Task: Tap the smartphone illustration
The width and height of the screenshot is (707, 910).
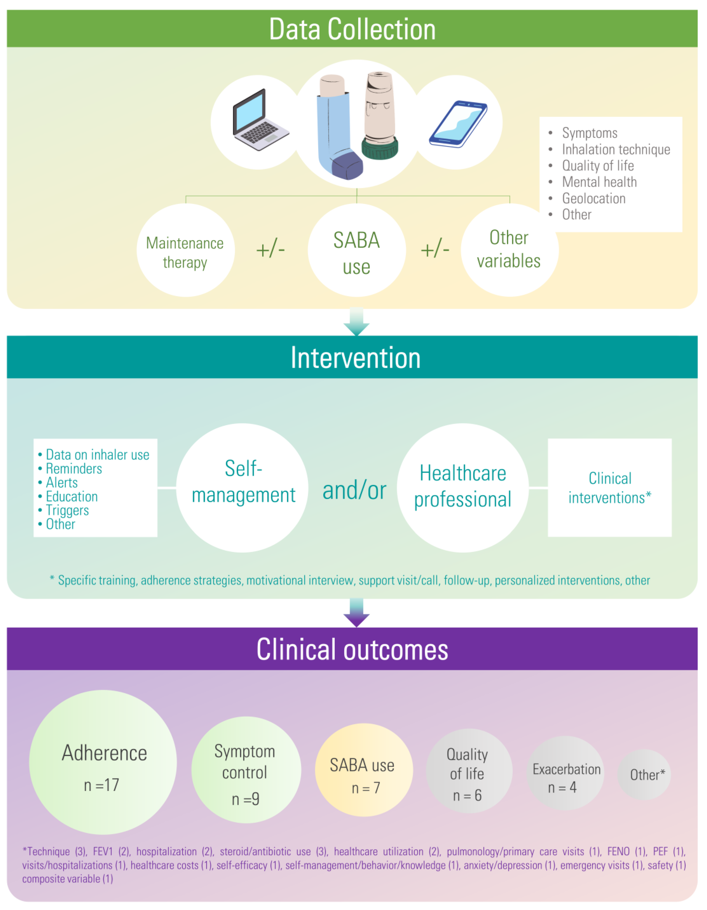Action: pyautogui.click(x=458, y=124)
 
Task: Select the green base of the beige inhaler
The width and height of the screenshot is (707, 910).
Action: pyautogui.click(x=380, y=149)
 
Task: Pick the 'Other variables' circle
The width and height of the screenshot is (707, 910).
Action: pyautogui.click(x=509, y=250)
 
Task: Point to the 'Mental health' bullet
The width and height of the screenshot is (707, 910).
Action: pyautogui.click(x=599, y=182)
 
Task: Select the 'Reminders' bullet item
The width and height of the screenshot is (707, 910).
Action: pyautogui.click(x=74, y=469)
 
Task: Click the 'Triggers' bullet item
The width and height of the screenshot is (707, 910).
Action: pyautogui.click(x=67, y=510)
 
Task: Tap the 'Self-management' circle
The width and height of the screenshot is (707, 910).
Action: pyautogui.click(x=243, y=488)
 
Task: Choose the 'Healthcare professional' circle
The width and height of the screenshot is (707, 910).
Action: pyautogui.click(x=462, y=488)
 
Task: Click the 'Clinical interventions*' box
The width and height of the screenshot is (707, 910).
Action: pyautogui.click(x=610, y=488)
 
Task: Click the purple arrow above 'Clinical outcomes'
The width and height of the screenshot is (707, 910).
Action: pyautogui.click(x=356, y=612)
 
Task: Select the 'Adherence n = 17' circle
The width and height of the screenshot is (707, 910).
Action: pyautogui.click(x=103, y=763)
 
